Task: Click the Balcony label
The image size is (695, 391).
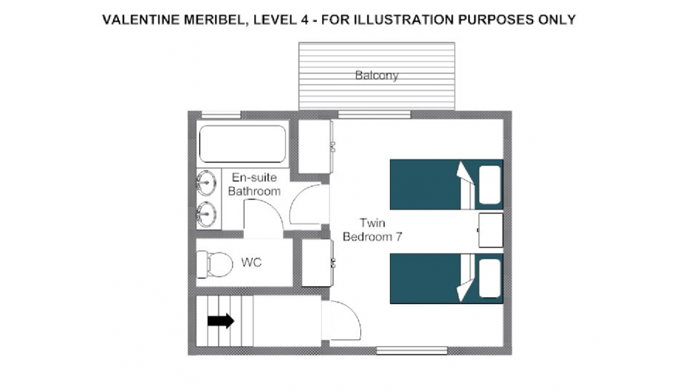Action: pos(377,75)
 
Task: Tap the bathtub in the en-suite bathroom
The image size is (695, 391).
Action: pos(242,144)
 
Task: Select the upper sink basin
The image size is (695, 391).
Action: pos(206,182)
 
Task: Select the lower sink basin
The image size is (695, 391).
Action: pos(206,215)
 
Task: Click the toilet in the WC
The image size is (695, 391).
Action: pos(214,264)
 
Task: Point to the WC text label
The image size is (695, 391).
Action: pos(251,263)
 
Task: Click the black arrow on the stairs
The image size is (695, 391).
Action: pos(221,321)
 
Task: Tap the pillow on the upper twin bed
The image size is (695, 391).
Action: pos(490,184)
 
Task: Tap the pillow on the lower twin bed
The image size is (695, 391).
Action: pos(490,279)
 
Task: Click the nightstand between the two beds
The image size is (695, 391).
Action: pos(490,230)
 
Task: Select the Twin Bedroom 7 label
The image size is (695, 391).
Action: pos(372,230)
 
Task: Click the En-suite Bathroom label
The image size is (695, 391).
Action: pos(254,184)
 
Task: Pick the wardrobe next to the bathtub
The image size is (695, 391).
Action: pos(315,147)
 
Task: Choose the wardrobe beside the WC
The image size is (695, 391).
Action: pos(318,263)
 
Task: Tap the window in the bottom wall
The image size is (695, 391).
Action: pos(412,350)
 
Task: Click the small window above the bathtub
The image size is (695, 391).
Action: pos(221,114)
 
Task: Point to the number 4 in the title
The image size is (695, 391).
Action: pos(304,20)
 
